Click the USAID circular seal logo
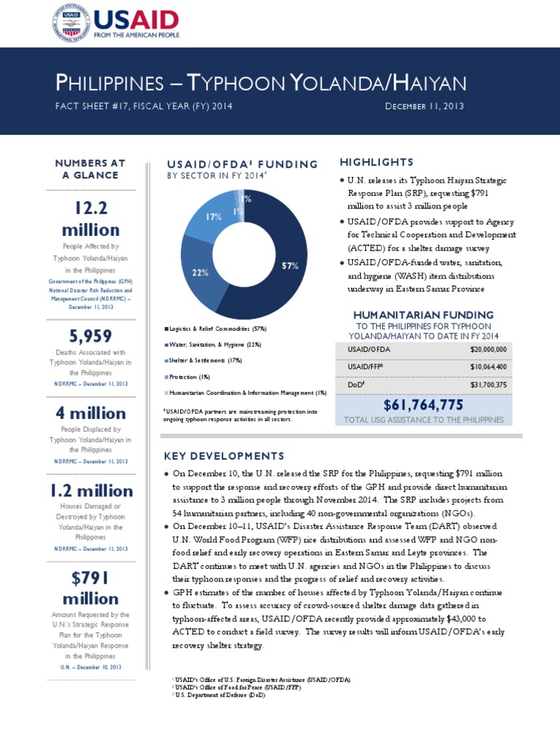tap(71, 23)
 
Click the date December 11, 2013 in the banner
tap(424, 106)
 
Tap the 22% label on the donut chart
tap(201, 272)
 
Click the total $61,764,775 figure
tap(424, 405)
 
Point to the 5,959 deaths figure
tap(90, 336)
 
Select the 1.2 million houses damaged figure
tap(90, 490)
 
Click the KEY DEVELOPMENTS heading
tap(224, 456)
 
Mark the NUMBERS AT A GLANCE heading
tap(90, 169)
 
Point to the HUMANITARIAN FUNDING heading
tap(423, 315)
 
